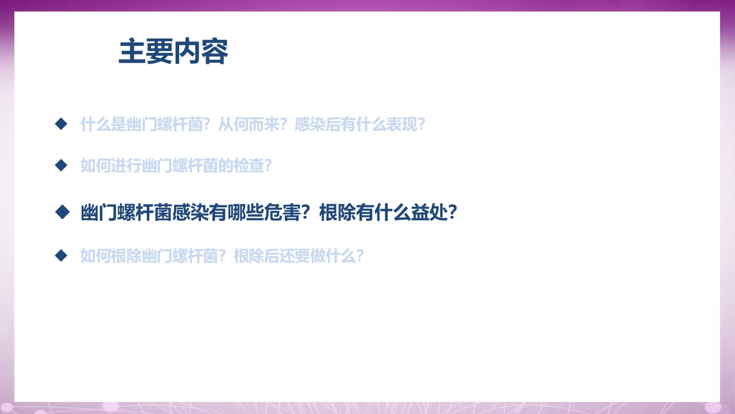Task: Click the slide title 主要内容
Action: [173, 52]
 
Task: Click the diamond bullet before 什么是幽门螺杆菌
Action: [61, 124]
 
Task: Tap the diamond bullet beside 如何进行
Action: [61, 166]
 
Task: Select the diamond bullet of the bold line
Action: [61, 212]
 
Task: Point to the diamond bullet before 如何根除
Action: [61, 255]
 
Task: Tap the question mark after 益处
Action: [452, 213]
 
